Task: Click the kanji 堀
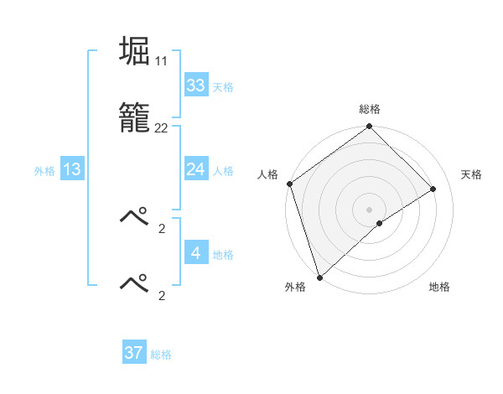coord(135,51)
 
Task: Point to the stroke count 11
coord(161,61)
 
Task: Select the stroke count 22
coord(161,127)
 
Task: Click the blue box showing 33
coord(195,86)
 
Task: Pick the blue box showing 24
coord(195,169)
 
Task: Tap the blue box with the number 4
coord(195,253)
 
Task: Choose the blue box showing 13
coord(72,169)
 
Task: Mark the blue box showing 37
coord(134,353)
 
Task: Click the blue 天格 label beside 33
coord(223,87)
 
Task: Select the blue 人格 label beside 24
coord(223,171)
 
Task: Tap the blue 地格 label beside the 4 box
coord(223,255)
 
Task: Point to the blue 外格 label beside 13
coord(44,171)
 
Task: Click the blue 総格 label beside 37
coord(161,355)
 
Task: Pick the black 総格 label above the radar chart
coord(370,110)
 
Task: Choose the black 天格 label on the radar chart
coord(471,174)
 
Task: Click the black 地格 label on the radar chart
coord(439,287)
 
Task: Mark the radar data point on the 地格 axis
coord(380,223)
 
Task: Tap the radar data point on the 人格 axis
coord(289,184)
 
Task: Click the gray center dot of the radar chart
coord(369,209)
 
